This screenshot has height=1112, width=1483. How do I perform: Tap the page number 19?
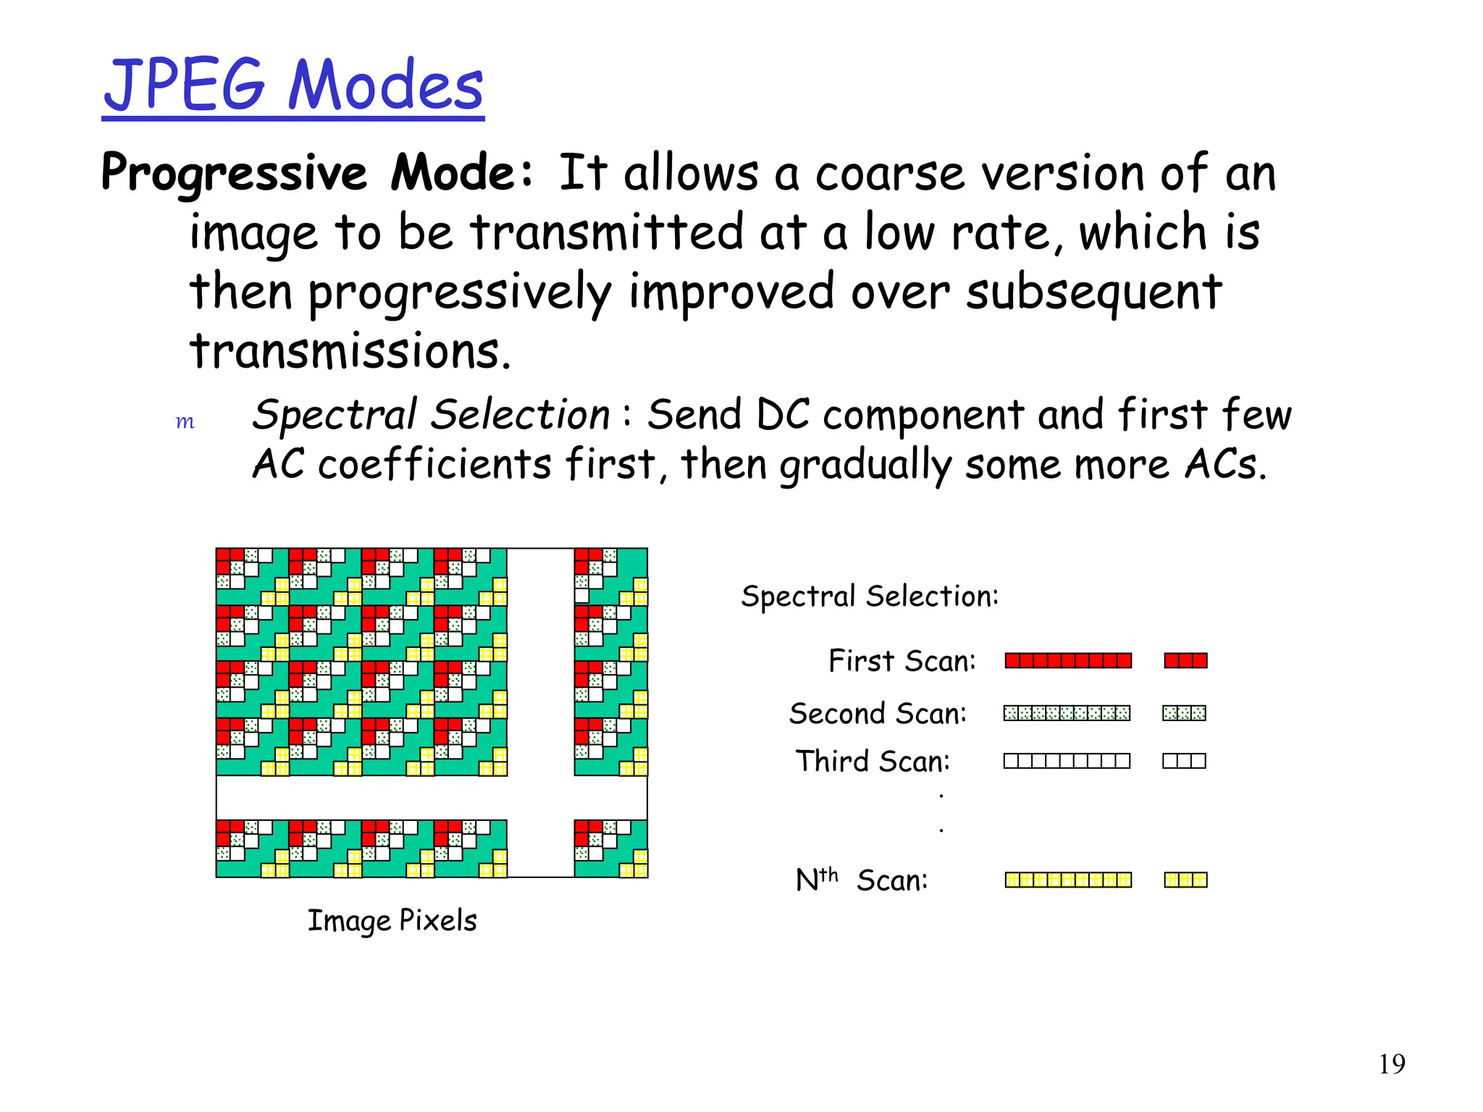point(1391,1064)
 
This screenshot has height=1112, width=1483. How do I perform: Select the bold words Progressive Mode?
point(317,173)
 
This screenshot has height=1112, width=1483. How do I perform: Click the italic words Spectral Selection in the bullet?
point(431,416)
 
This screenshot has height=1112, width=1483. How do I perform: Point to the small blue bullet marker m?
point(185,422)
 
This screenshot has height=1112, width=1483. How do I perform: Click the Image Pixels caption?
point(392,921)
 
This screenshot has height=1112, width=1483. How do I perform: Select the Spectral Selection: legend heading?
point(870,597)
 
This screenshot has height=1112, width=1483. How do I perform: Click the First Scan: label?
point(902,661)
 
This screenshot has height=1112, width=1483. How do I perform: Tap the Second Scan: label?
point(878,714)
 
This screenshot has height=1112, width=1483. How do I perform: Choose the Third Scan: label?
point(873,762)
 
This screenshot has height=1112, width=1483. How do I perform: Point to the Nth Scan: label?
point(861,880)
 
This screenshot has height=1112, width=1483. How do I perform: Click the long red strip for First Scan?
point(1068,660)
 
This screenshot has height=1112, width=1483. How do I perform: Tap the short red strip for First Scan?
point(1185,660)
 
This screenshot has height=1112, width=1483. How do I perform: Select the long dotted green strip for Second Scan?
point(1067,714)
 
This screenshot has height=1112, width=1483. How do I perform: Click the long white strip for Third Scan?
point(1067,761)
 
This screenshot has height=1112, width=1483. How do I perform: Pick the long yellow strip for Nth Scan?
point(1068,880)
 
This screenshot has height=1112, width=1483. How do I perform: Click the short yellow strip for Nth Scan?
point(1185,880)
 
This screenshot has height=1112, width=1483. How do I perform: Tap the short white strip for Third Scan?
point(1184,761)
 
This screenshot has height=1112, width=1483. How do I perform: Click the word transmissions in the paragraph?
point(350,351)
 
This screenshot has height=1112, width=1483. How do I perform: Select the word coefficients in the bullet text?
point(434,464)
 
